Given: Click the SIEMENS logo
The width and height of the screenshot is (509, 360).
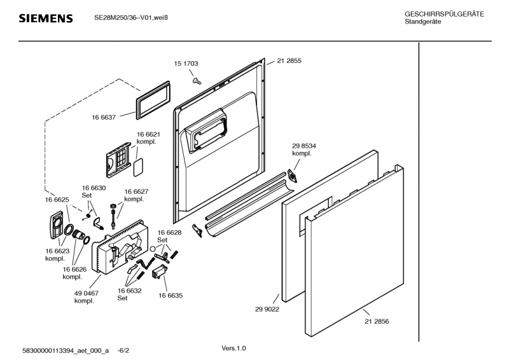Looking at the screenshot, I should click(x=45, y=19).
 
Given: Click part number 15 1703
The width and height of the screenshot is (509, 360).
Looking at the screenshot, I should click(x=186, y=64).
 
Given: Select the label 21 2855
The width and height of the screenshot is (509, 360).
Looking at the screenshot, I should click(x=289, y=61).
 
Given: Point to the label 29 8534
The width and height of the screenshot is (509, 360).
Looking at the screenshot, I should click(x=303, y=146).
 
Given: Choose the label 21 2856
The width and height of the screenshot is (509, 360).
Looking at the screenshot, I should click(x=377, y=321).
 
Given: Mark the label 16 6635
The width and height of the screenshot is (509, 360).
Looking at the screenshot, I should click(x=171, y=296).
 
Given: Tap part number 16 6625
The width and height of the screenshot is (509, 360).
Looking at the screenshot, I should click(x=57, y=200).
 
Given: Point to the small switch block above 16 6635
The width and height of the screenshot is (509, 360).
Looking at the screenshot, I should click(x=159, y=272).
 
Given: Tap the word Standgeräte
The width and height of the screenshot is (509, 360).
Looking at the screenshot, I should click(x=423, y=22).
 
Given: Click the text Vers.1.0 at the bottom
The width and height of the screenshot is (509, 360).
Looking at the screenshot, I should click(x=233, y=349).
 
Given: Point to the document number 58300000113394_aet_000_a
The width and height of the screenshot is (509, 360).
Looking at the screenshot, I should click(x=66, y=350).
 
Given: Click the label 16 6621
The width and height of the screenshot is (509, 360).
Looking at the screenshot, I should click(x=148, y=135).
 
